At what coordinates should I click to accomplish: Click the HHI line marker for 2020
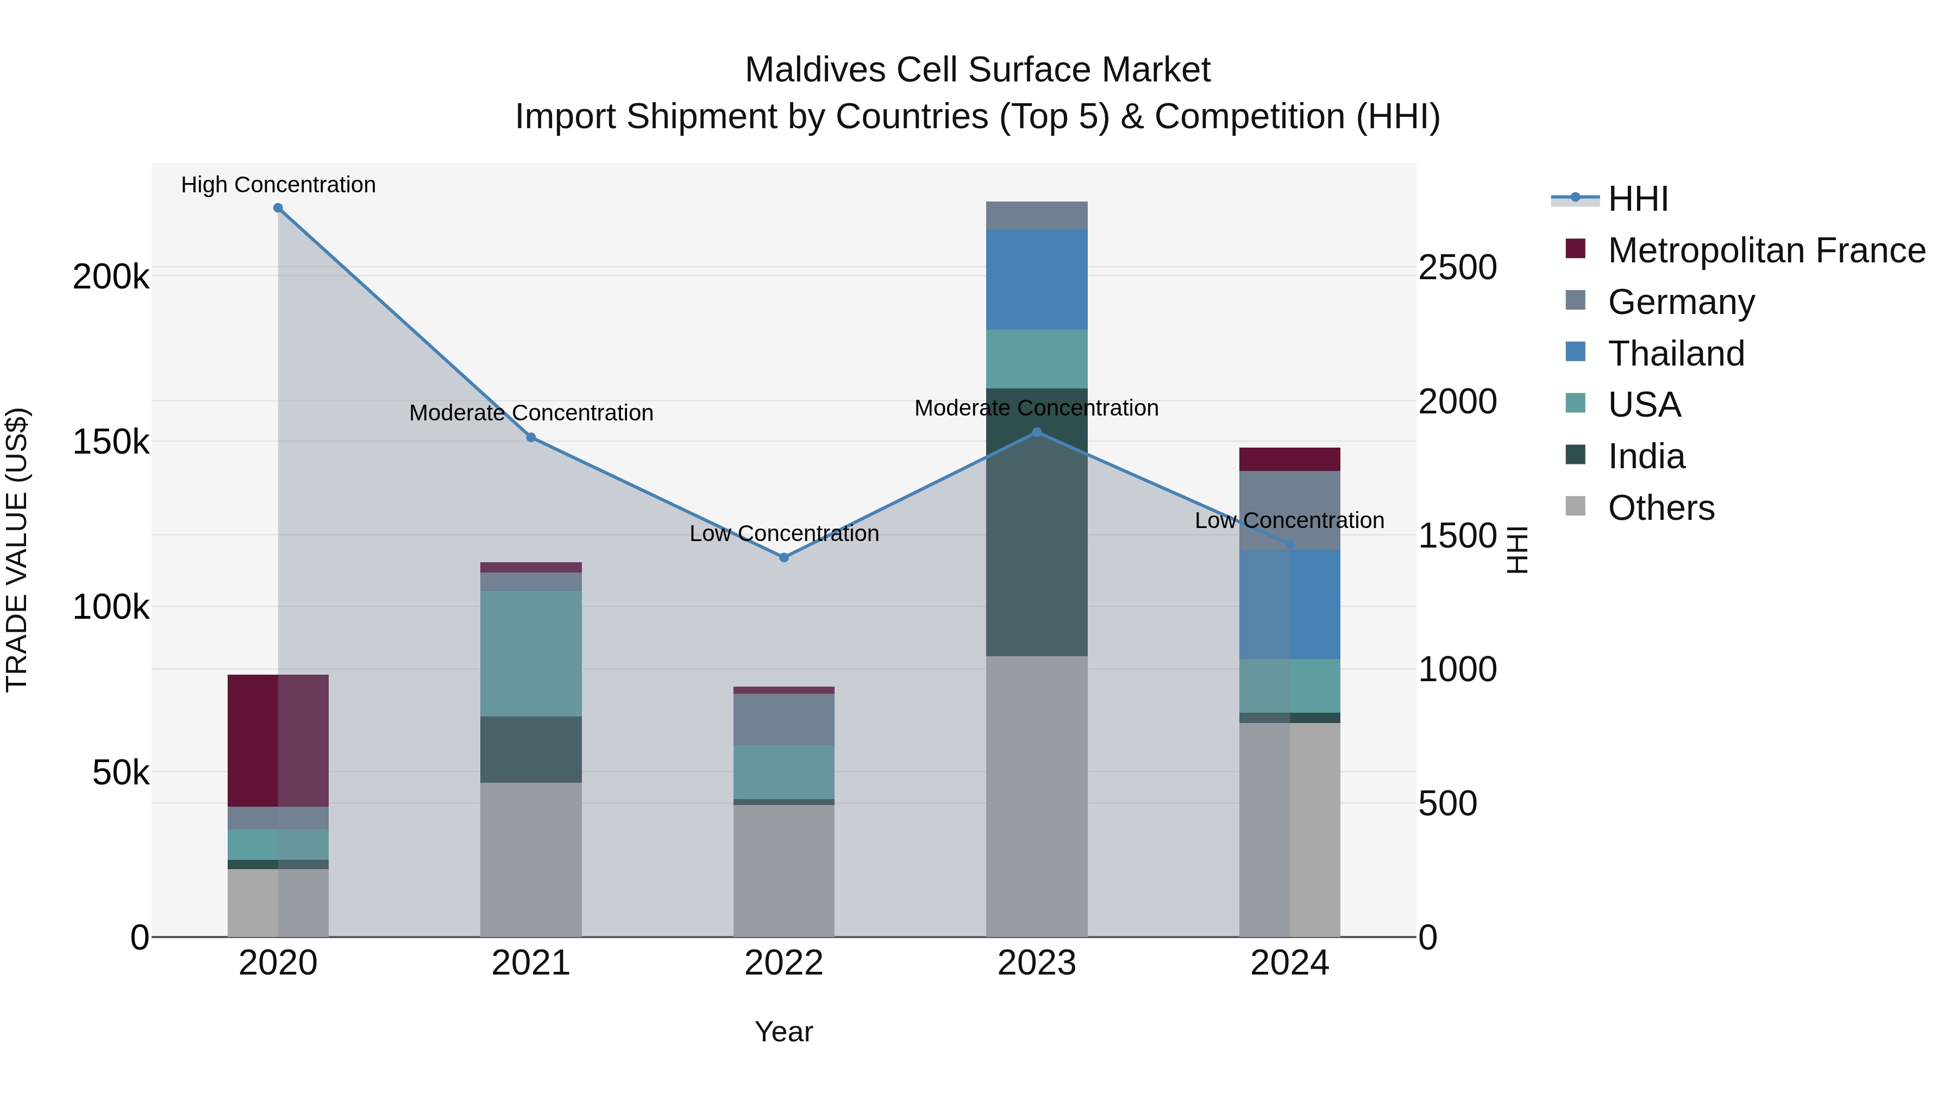[278, 208]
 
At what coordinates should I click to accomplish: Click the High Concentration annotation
[278, 185]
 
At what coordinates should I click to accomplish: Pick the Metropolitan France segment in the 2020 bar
[278, 740]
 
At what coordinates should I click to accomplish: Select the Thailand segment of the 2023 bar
[1037, 279]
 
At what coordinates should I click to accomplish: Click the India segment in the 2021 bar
[531, 749]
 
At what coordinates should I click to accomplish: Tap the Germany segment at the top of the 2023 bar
[1037, 216]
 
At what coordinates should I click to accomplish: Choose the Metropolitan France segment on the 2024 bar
[1289, 459]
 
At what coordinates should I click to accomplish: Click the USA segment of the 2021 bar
[531, 653]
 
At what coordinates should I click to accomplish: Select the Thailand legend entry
[1676, 354]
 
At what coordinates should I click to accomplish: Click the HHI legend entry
[1638, 199]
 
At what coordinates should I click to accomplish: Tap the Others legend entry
[1660, 508]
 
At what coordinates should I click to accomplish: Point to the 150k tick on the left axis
[111, 442]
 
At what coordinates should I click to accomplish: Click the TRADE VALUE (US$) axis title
[17, 550]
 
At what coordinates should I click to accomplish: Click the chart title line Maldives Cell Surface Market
[977, 70]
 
